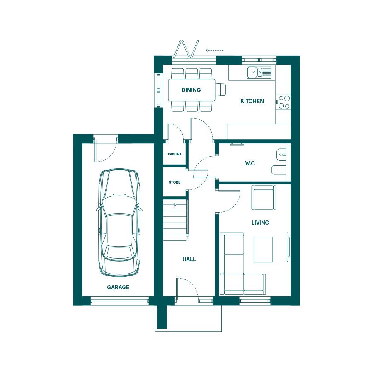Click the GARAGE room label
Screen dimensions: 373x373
118,287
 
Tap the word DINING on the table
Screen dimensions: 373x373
191,90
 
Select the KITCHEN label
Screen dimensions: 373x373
252,101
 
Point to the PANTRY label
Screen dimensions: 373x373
174,154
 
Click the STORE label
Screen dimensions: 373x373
174,182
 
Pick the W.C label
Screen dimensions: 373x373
250,163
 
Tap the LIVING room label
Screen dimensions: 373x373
260,223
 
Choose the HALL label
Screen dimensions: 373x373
189,259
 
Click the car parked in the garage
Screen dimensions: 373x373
119,223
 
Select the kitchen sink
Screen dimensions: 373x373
259,72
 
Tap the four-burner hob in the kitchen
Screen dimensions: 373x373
283,102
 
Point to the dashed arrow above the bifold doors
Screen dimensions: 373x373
215,50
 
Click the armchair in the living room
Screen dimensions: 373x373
264,197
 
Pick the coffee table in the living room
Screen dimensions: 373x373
263,249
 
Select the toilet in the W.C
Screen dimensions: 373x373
279,170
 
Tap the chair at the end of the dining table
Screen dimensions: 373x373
220,90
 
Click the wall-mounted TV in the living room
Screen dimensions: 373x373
288,247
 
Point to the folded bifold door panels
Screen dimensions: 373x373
186,49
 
